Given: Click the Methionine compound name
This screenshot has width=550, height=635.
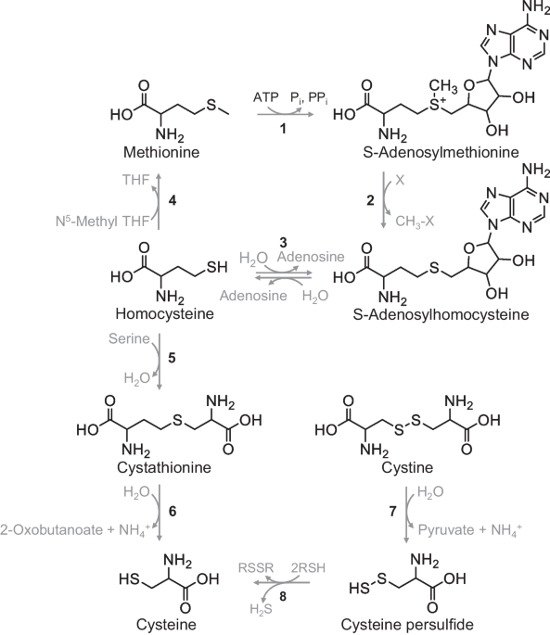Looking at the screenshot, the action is pyautogui.click(x=161, y=152).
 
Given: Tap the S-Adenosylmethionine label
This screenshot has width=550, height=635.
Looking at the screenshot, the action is pyautogui.click(x=441, y=152).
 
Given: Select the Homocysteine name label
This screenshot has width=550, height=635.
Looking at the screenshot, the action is pyautogui.click(x=164, y=314).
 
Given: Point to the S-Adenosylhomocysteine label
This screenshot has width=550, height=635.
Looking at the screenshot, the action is pyautogui.click(x=441, y=314).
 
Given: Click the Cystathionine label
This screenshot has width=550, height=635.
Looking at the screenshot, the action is pyautogui.click(x=164, y=467).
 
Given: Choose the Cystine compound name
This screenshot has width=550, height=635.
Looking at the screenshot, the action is pyautogui.click(x=407, y=468).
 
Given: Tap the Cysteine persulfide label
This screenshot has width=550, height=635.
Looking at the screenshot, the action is pyautogui.click(x=407, y=625).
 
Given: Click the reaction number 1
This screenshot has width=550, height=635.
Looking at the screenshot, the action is pyautogui.click(x=283, y=128).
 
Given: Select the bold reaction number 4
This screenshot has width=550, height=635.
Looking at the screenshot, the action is pyautogui.click(x=173, y=200).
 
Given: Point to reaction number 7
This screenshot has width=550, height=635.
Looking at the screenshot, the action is pyautogui.click(x=392, y=512).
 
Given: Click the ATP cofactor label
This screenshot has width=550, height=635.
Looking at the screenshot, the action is pyautogui.click(x=266, y=97).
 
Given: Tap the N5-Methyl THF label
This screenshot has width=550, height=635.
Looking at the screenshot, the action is pyautogui.click(x=103, y=222).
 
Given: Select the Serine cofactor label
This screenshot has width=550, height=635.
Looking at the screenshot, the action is pyautogui.click(x=129, y=338).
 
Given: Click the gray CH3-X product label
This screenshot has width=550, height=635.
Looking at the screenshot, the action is pyautogui.click(x=415, y=222).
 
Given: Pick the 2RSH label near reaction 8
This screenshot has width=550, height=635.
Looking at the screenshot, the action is pyautogui.click(x=308, y=567).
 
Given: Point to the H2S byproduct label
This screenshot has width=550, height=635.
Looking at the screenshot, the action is pyautogui.click(x=261, y=609).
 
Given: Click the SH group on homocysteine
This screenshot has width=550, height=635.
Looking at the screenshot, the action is pyautogui.click(x=217, y=267).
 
